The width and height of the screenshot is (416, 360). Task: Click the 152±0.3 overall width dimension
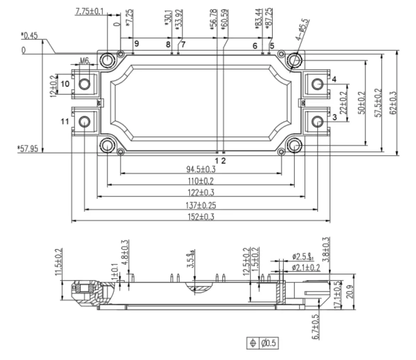point(201,217)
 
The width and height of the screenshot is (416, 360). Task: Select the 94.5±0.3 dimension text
point(201,169)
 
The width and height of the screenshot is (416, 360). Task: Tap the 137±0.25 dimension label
point(201,205)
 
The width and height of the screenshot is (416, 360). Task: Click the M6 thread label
point(84,61)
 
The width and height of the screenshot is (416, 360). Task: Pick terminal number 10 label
point(65,84)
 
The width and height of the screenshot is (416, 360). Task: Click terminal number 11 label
point(65,122)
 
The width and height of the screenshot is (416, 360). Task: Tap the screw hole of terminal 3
point(317,122)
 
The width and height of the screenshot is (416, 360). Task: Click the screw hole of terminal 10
point(84,84)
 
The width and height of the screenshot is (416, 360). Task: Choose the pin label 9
point(137,44)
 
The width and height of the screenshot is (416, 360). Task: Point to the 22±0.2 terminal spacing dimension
point(343,102)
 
